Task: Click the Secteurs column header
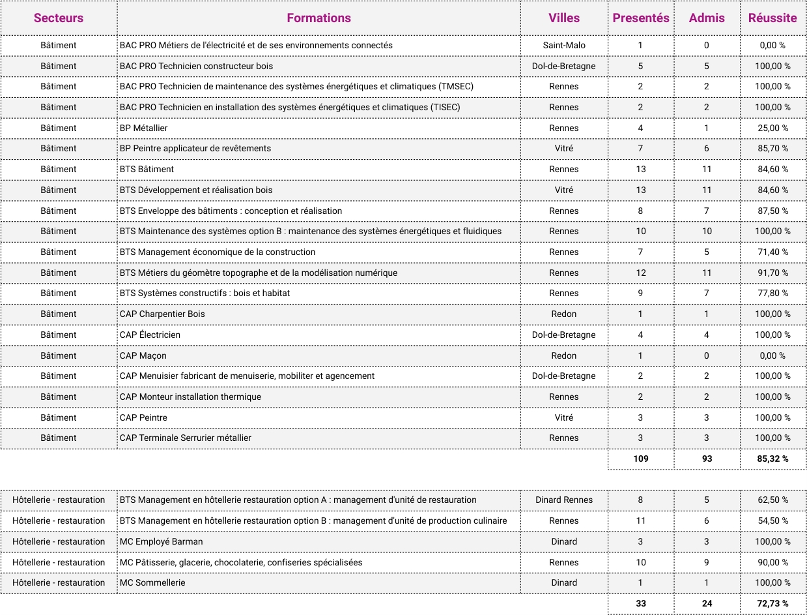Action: (59, 18)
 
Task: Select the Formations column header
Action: (319, 18)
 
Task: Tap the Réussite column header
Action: (772, 18)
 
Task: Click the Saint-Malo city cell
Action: (564, 46)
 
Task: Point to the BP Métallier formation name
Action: (144, 128)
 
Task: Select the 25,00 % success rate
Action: (772, 128)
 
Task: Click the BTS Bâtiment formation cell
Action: (147, 169)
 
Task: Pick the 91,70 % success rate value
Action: (772, 273)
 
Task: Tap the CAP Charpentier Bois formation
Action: (162, 314)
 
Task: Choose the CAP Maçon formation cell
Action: (143, 355)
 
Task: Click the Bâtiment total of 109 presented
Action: (641, 458)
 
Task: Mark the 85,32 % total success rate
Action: (772, 458)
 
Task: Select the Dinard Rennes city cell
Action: (564, 500)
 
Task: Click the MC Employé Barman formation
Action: (162, 541)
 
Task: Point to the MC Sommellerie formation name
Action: (152, 582)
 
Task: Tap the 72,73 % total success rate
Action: (772, 603)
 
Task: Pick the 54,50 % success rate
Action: (772, 520)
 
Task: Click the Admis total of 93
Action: (707, 458)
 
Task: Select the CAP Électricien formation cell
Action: (150, 335)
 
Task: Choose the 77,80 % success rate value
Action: (772, 293)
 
